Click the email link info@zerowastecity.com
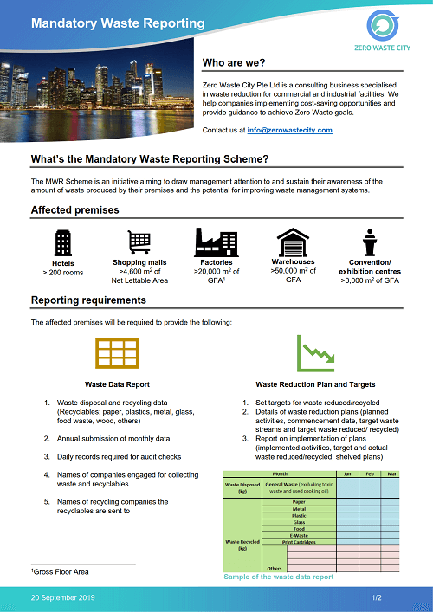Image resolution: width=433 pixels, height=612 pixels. pyautogui.click(x=289, y=130)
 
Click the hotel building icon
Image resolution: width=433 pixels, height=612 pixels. pyautogui.click(x=62, y=242)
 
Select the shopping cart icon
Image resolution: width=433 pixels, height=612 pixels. pyautogui.click(x=139, y=242)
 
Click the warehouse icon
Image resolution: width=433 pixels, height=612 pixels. pyautogui.click(x=293, y=241)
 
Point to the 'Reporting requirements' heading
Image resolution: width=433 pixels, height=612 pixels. pyautogui.click(x=88, y=300)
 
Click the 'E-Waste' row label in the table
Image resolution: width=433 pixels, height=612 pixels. pyautogui.click(x=299, y=535)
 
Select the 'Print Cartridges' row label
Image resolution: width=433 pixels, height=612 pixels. pyautogui.click(x=299, y=542)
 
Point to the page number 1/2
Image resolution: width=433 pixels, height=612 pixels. pyautogui.click(x=377, y=598)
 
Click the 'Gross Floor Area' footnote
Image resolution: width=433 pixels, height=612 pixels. pyautogui.click(x=60, y=572)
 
